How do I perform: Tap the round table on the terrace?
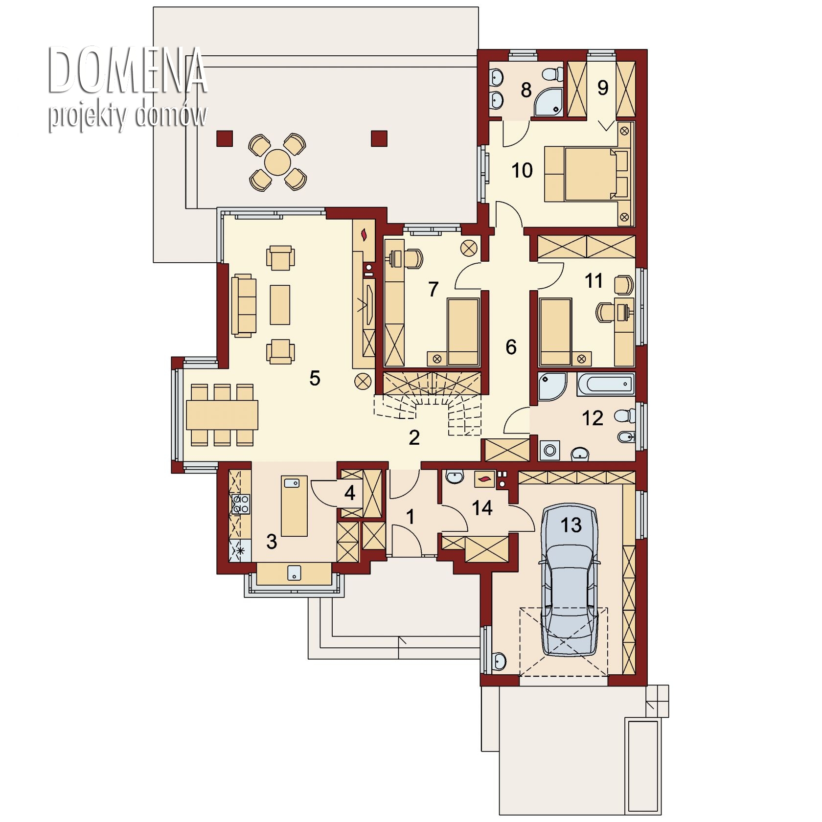(277, 162)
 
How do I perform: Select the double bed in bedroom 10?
(587, 174)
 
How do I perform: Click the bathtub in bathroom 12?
(606, 384)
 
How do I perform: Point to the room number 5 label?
(315, 378)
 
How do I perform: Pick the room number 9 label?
(603, 88)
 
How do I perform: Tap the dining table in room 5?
(222, 415)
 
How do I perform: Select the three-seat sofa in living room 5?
(244, 305)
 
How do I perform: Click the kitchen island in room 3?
(294, 506)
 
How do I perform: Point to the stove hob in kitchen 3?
(241, 504)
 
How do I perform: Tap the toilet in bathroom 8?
(554, 74)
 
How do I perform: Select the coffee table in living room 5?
(280, 305)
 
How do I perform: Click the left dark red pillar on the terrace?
(225, 138)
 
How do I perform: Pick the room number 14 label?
(482, 508)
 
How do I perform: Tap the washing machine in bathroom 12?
(549, 450)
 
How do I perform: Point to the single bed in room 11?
(555, 332)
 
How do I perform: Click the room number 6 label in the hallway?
(511, 347)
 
